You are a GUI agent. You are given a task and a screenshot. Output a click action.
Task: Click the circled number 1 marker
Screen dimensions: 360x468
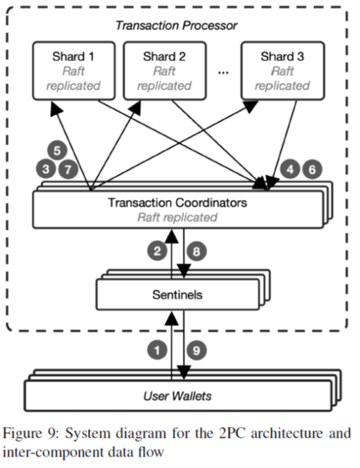click(x=157, y=350)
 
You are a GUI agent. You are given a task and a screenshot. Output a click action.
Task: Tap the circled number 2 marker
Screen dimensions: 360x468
click(x=157, y=251)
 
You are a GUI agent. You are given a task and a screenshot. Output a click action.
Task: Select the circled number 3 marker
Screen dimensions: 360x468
click(x=46, y=169)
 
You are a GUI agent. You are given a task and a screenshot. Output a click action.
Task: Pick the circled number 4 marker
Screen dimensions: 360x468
click(x=290, y=169)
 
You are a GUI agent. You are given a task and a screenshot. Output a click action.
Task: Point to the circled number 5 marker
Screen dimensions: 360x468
click(x=57, y=150)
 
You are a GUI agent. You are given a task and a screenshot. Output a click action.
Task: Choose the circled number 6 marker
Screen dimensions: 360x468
click(x=313, y=169)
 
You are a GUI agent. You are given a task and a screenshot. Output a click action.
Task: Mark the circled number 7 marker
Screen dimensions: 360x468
click(x=68, y=169)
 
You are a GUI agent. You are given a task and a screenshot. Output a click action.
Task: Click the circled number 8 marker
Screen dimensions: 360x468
click(x=196, y=251)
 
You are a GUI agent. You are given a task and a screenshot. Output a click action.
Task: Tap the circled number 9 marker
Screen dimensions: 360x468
click(x=196, y=350)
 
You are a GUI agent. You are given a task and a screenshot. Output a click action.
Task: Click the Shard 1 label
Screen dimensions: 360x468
click(x=73, y=56)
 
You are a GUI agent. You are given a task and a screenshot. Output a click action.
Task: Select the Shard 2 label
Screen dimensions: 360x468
click(x=164, y=56)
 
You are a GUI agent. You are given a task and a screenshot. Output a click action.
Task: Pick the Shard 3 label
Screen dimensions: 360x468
click(x=282, y=56)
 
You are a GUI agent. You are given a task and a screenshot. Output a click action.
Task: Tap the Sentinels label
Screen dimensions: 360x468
click(x=177, y=295)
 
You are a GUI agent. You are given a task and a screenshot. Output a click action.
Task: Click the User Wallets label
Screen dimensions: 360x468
click(x=177, y=396)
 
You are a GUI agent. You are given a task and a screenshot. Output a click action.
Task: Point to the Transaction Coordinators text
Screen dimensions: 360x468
click(x=177, y=202)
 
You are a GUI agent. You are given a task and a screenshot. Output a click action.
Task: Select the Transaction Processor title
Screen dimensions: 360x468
click(x=177, y=25)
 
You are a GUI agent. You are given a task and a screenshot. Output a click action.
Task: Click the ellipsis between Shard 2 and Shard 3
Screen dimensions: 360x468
click(x=223, y=72)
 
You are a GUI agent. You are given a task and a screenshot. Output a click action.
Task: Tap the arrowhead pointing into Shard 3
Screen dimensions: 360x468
click(x=251, y=106)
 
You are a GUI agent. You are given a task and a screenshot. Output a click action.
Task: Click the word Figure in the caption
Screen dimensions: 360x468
click(x=23, y=434)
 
